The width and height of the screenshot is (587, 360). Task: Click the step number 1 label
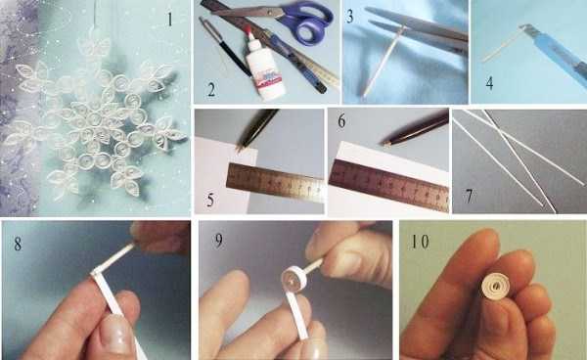tap(170, 20)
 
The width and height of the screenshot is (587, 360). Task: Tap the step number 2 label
tap(211, 90)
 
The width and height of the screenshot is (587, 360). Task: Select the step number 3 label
tap(350, 16)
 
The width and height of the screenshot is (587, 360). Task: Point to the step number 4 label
tap(489, 83)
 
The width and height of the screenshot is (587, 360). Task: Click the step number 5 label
tap(210, 200)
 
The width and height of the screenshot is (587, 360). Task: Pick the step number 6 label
tap(341, 120)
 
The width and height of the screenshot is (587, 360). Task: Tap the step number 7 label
tap(469, 196)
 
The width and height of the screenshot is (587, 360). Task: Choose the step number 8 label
tap(18, 244)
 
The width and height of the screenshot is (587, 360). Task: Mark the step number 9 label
tap(218, 241)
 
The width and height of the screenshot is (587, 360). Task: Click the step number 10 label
tap(420, 242)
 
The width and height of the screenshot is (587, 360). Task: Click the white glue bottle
tap(264, 67)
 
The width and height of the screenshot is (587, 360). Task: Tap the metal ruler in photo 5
tap(275, 182)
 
